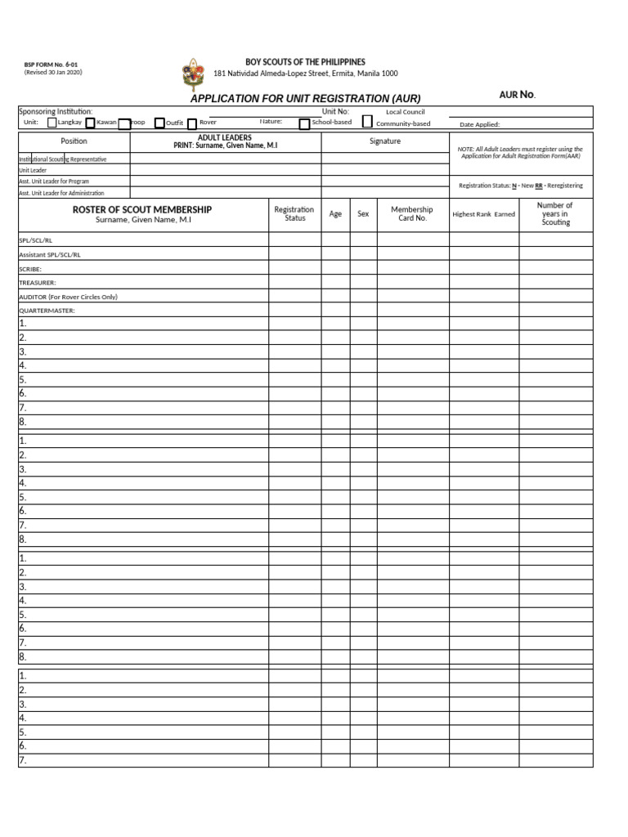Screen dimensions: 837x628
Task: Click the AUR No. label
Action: pyautogui.click(x=517, y=95)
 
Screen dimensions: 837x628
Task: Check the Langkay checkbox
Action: pyautogui.click(x=52, y=123)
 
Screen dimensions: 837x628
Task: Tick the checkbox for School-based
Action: pyautogui.click(x=304, y=123)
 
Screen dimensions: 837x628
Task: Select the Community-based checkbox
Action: pyautogui.click(x=367, y=122)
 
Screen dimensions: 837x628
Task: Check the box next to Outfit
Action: pyautogui.click(x=159, y=123)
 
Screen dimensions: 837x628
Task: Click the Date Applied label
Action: pyautogui.click(x=480, y=125)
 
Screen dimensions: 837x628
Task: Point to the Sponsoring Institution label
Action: pyautogui.click(x=56, y=111)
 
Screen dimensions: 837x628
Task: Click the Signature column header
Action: pyautogui.click(x=384, y=141)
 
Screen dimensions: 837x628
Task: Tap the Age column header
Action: pyautogui.click(x=335, y=214)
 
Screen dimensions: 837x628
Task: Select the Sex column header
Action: pyautogui.click(x=363, y=214)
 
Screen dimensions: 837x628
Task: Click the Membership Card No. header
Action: pyautogui.click(x=412, y=214)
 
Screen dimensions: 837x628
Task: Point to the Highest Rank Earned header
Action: pyautogui.click(x=484, y=214)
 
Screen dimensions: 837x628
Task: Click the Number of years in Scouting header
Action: pyautogui.click(x=555, y=214)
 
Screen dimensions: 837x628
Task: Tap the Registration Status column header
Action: pyautogui.click(x=294, y=214)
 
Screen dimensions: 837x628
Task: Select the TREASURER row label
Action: pyautogui.click(x=38, y=283)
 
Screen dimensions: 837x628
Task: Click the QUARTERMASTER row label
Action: pyautogui.click(x=47, y=311)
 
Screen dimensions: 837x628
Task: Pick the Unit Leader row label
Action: pyautogui.click(x=34, y=170)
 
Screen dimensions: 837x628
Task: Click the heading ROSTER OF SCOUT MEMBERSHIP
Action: pyautogui.click(x=142, y=210)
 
